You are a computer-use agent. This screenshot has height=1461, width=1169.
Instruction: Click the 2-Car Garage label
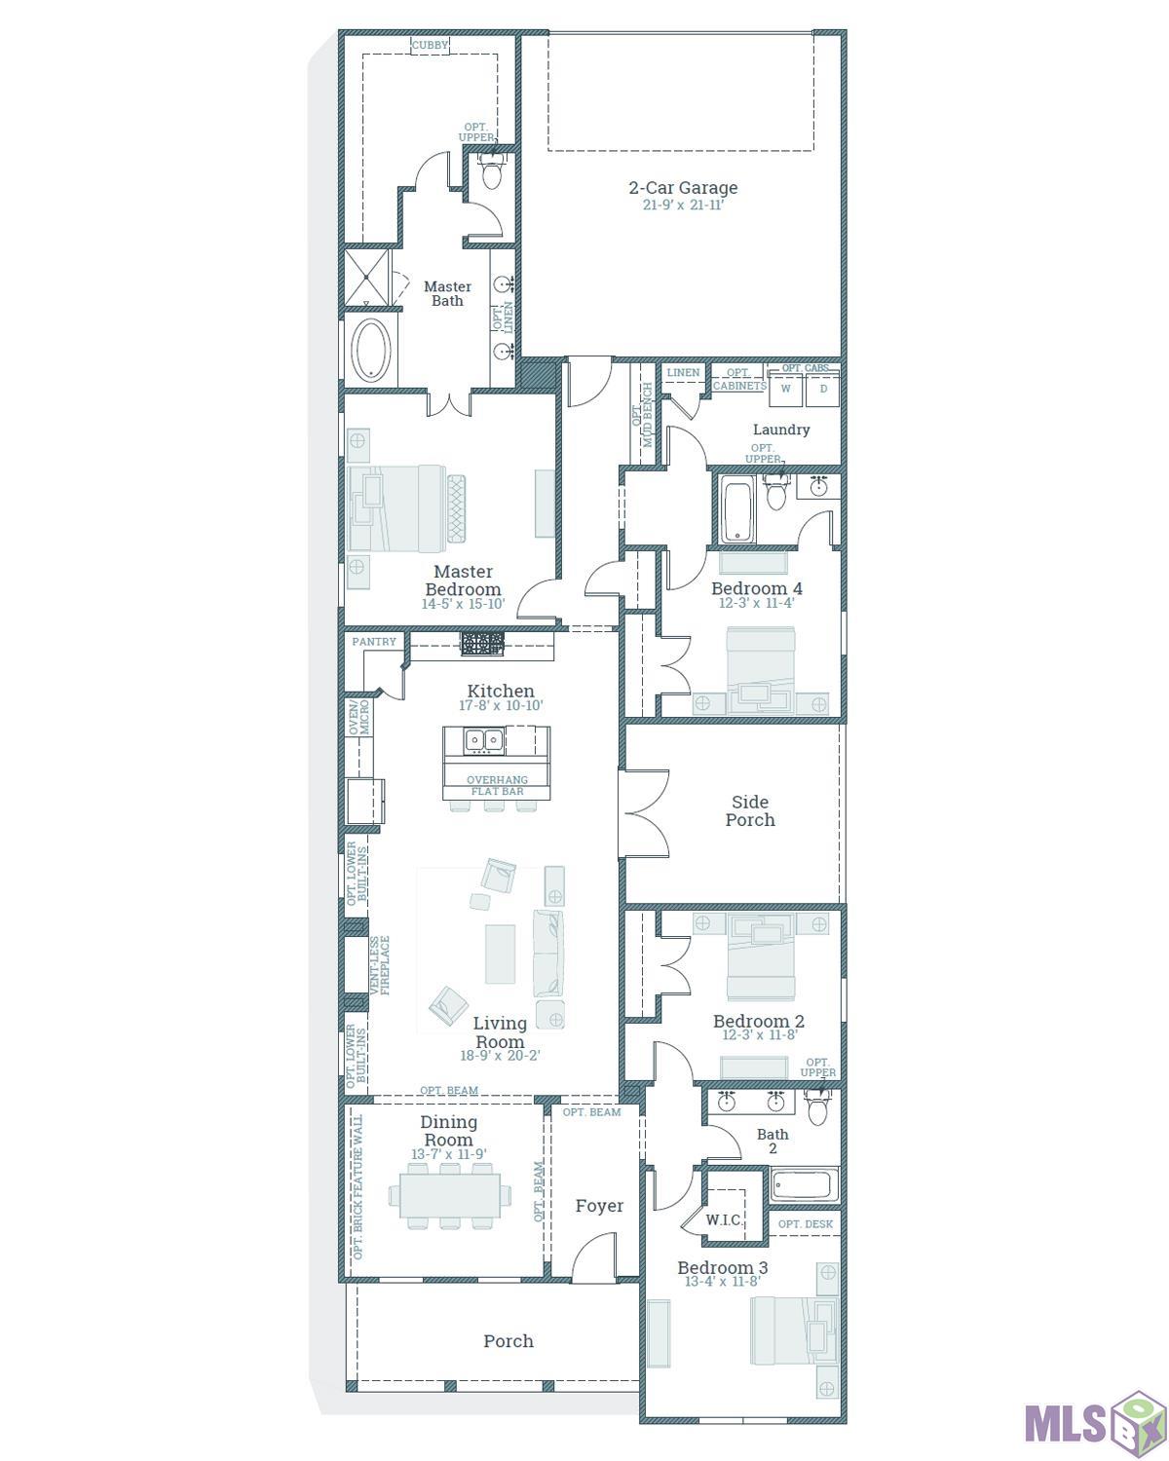click(x=682, y=188)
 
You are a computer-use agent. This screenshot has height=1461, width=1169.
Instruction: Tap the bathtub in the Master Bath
click(x=370, y=350)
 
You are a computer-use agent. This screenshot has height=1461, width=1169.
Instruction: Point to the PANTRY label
click(x=374, y=642)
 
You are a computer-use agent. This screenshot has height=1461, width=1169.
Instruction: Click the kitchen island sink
click(x=482, y=740)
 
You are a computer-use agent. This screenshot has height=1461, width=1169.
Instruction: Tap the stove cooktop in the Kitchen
click(x=483, y=643)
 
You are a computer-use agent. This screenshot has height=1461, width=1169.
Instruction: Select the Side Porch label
click(x=750, y=810)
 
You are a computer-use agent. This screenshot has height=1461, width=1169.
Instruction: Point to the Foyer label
click(x=599, y=1206)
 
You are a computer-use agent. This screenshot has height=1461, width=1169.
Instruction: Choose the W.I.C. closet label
click(x=725, y=1219)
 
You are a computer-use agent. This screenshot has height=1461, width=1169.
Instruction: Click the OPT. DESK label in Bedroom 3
click(x=806, y=1224)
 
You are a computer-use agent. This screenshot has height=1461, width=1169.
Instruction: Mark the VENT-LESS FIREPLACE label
click(x=379, y=965)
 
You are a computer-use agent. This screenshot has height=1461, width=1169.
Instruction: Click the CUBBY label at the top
click(x=430, y=45)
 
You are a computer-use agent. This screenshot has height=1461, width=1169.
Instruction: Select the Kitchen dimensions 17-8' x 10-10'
click(x=501, y=705)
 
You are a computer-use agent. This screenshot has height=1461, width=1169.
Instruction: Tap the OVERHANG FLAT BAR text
click(x=497, y=785)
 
